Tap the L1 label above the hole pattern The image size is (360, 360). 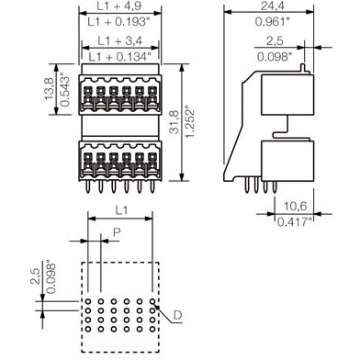pos(121,212)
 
